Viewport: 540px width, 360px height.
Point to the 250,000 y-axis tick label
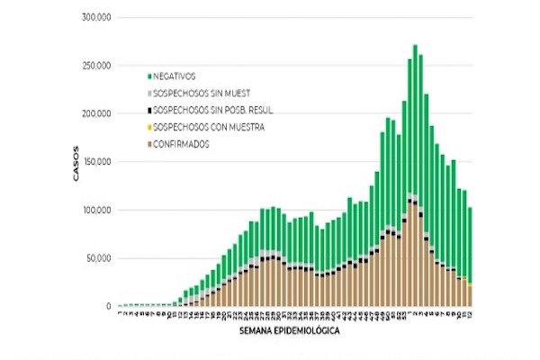pos(94,66)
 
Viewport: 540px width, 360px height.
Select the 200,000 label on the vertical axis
pos(94,114)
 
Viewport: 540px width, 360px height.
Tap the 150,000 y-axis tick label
pos(94,162)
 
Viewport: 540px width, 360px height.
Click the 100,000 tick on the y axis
pos(94,211)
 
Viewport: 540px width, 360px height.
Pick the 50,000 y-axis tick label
pos(96,258)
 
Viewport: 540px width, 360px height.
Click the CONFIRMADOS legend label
pos(181,144)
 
